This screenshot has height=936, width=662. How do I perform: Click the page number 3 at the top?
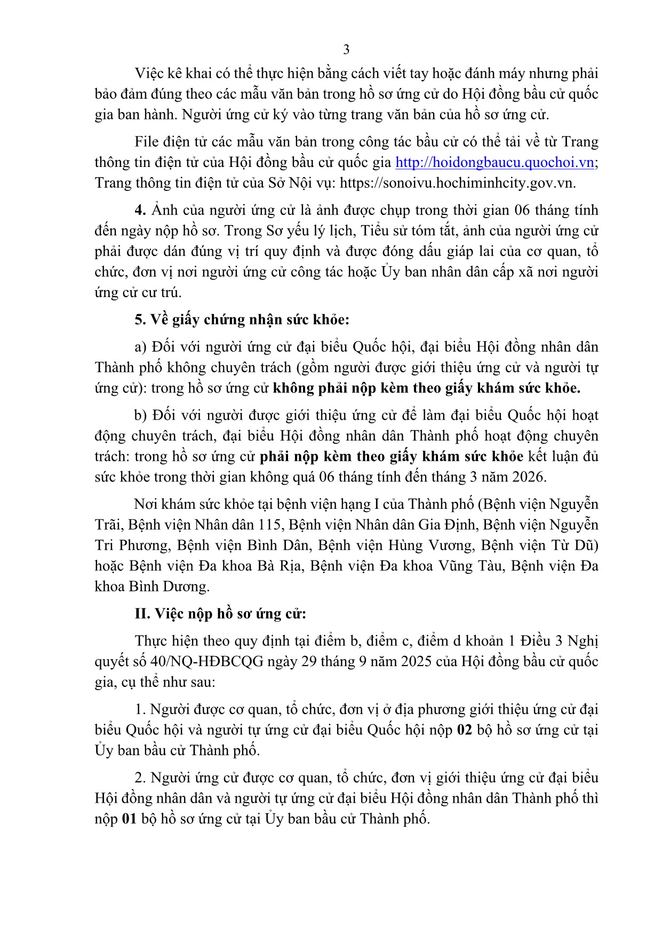(346, 50)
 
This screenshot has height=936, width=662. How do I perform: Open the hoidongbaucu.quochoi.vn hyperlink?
(494, 162)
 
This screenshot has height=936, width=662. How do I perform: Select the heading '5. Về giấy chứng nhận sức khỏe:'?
(242, 319)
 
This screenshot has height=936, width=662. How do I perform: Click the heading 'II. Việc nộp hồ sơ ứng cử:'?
(220, 613)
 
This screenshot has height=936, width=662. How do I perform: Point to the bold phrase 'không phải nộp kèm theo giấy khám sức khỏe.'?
(426, 388)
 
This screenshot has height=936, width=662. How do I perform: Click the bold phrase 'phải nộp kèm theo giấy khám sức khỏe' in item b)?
(392, 456)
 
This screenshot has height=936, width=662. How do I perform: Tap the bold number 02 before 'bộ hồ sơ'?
(465, 730)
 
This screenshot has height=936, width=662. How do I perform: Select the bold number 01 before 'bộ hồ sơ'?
(130, 819)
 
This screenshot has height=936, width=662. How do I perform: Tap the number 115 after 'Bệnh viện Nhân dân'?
(269, 524)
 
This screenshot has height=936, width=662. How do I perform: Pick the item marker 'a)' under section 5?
(141, 347)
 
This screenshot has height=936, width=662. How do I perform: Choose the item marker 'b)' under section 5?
(141, 415)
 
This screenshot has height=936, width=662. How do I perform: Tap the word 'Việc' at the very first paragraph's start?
(149, 73)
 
